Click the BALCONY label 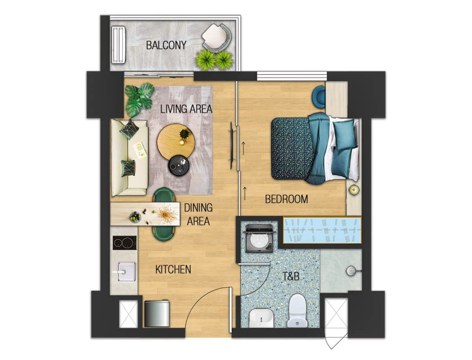click(x=166, y=46)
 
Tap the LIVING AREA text click(x=186, y=109)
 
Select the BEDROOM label click(x=286, y=199)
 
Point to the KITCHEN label click(x=173, y=269)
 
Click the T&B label click(x=291, y=276)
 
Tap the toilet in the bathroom click(x=298, y=310)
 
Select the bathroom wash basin click(x=261, y=318)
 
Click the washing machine click(x=260, y=238)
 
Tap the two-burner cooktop click(x=125, y=243)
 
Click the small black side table click(x=179, y=165)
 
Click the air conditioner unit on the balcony click(x=118, y=45)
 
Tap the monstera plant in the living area click(x=138, y=99)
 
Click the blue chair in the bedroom click(x=319, y=96)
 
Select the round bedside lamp click(x=354, y=190)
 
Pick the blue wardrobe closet click(x=322, y=230)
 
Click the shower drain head click(x=351, y=271)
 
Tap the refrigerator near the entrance click(x=156, y=313)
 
